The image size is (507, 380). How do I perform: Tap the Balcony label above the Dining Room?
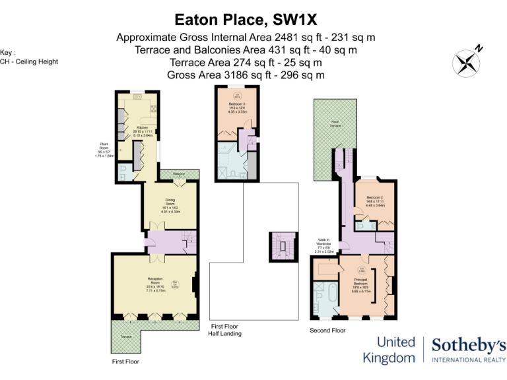pyautogui.click(x=179, y=174)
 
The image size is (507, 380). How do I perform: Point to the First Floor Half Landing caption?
pyautogui.click(x=226, y=330)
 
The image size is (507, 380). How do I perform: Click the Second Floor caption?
pyautogui.click(x=327, y=329)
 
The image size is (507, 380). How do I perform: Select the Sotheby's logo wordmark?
pyautogui.click(x=468, y=346)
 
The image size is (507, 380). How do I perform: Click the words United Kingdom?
pyautogui.click(x=389, y=350)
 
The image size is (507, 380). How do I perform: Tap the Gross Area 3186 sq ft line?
pyautogui.click(x=246, y=75)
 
